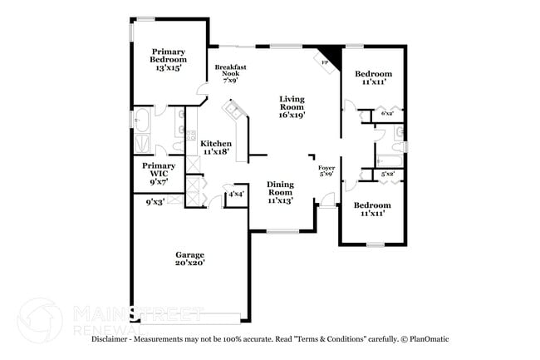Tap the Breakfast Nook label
[230, 74]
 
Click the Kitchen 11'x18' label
[216, 147]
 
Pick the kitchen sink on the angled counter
[232, 110]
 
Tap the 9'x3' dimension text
[155, 201]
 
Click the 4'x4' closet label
[237, 194]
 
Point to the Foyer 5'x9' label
[326, 170]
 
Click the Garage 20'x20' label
[189, 259]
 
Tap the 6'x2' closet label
[387, 113]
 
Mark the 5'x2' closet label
[387, 175]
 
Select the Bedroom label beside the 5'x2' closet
[371, 209]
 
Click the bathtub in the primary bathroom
[141, 122]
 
